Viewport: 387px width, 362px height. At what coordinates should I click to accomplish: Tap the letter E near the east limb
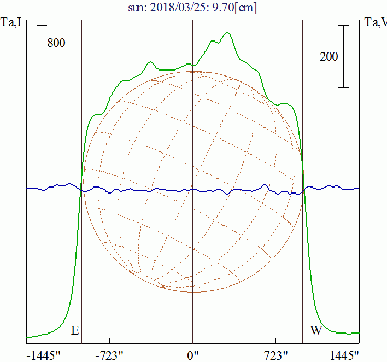pos(75,331)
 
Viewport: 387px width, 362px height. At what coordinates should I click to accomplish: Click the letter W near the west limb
pos(316,331)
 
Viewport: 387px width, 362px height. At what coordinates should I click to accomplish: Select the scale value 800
pos(56,43)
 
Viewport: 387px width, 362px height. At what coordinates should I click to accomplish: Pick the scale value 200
pos(329,56)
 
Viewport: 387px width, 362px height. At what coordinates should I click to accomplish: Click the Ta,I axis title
pos(11,22)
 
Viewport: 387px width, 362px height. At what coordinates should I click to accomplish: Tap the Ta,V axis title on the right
pos(376,22)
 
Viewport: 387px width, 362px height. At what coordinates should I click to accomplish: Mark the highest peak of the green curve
pos(227,33)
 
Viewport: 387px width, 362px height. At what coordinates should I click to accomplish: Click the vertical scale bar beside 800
pos(41,43)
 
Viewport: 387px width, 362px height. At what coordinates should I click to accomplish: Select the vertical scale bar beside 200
pos(343,56)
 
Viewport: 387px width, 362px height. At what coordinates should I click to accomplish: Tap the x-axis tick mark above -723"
pos(110,341)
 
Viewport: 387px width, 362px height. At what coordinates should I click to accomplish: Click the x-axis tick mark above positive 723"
pos(275,341)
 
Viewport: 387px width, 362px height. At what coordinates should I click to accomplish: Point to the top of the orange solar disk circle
pos(192,71)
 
